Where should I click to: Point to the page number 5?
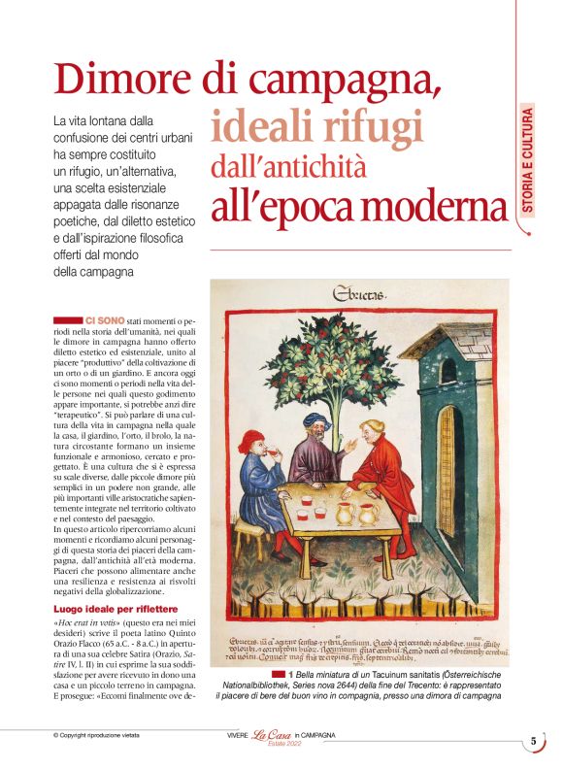533,741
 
